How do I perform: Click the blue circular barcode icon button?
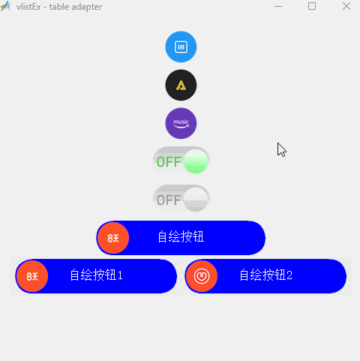[x=181, y=47]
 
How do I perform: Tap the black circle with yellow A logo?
[x=181, y=85]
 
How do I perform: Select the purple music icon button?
[x=181, y=123]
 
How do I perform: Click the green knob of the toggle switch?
[x=196, y=161]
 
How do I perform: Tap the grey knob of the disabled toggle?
[x=196, y=200]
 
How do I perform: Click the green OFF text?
[x=169, y=162]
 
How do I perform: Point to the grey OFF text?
[x=169, y=200]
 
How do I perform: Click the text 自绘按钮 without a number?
[x=181, y=236]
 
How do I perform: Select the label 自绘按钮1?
[x=96, y=275]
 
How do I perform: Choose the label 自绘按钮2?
[x=265, y=275]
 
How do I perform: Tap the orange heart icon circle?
[x=202, y=276]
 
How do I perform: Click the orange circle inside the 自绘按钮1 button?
[x=32, y=276]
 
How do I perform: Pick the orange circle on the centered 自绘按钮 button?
[x=113, y=238]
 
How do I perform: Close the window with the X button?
[x=346, y=6]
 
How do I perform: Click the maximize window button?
[x=312, y=6]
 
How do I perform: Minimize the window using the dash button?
[x=278, y=7]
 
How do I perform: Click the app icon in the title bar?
[x=5, y=6]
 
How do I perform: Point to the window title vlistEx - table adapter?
[x=59, y=7]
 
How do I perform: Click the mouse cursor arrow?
[x=281, y=149]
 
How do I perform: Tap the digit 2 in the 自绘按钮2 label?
[x=289, y=275]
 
